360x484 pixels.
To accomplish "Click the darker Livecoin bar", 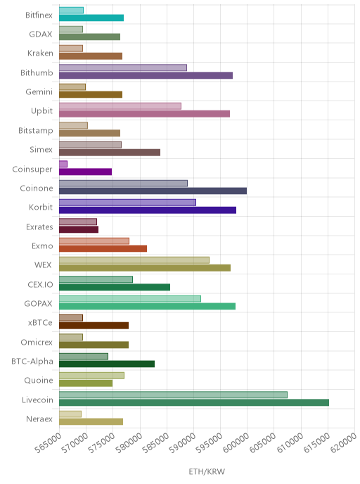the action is pos(194,402).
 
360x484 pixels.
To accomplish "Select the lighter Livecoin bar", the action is pos(173,395).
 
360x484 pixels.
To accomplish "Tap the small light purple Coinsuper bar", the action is pos(63,164).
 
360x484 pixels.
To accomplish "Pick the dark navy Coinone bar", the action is pos(153,191).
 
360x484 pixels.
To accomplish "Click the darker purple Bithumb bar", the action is pos(146,75).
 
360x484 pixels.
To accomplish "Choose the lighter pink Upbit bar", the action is pos(120,106).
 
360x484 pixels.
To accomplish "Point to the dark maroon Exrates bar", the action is pos(79,229).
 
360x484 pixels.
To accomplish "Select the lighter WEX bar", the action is pos(134,260).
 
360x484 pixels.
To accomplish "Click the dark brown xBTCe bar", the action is pos(94,325).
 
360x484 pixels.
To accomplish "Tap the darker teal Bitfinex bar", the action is pos(91,18).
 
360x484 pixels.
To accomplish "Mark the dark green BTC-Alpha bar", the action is pos(107,364).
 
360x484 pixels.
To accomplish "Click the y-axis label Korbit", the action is pos(41,207).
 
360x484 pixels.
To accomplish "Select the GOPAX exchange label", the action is pos(38,304).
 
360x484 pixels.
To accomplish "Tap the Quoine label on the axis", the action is pos(39,381).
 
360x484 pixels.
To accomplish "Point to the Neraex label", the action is pos(39,419).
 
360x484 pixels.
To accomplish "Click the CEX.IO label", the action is pos(40,285).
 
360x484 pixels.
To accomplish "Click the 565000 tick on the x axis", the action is pos(48,444).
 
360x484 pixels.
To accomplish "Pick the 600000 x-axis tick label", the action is pos(236,444).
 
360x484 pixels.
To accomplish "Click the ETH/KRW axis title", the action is pos(207,471).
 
